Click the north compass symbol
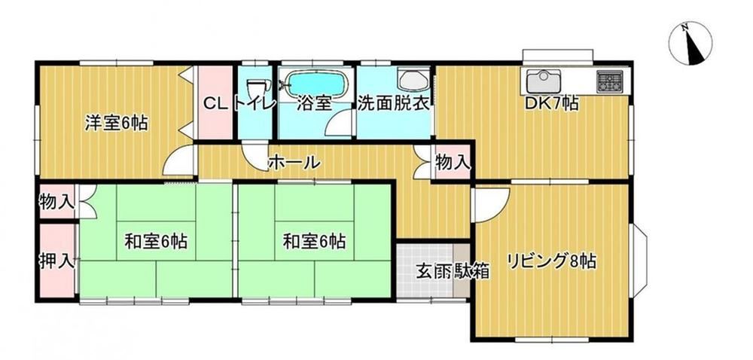point(691,44)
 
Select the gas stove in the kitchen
point(609,81)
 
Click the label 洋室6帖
point(116,124)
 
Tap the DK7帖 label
point(551,104)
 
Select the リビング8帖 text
point(551,262)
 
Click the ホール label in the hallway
point(294,162)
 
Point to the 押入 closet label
point(57,261)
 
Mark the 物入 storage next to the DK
point(452,163)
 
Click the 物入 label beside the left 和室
point(57,203)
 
